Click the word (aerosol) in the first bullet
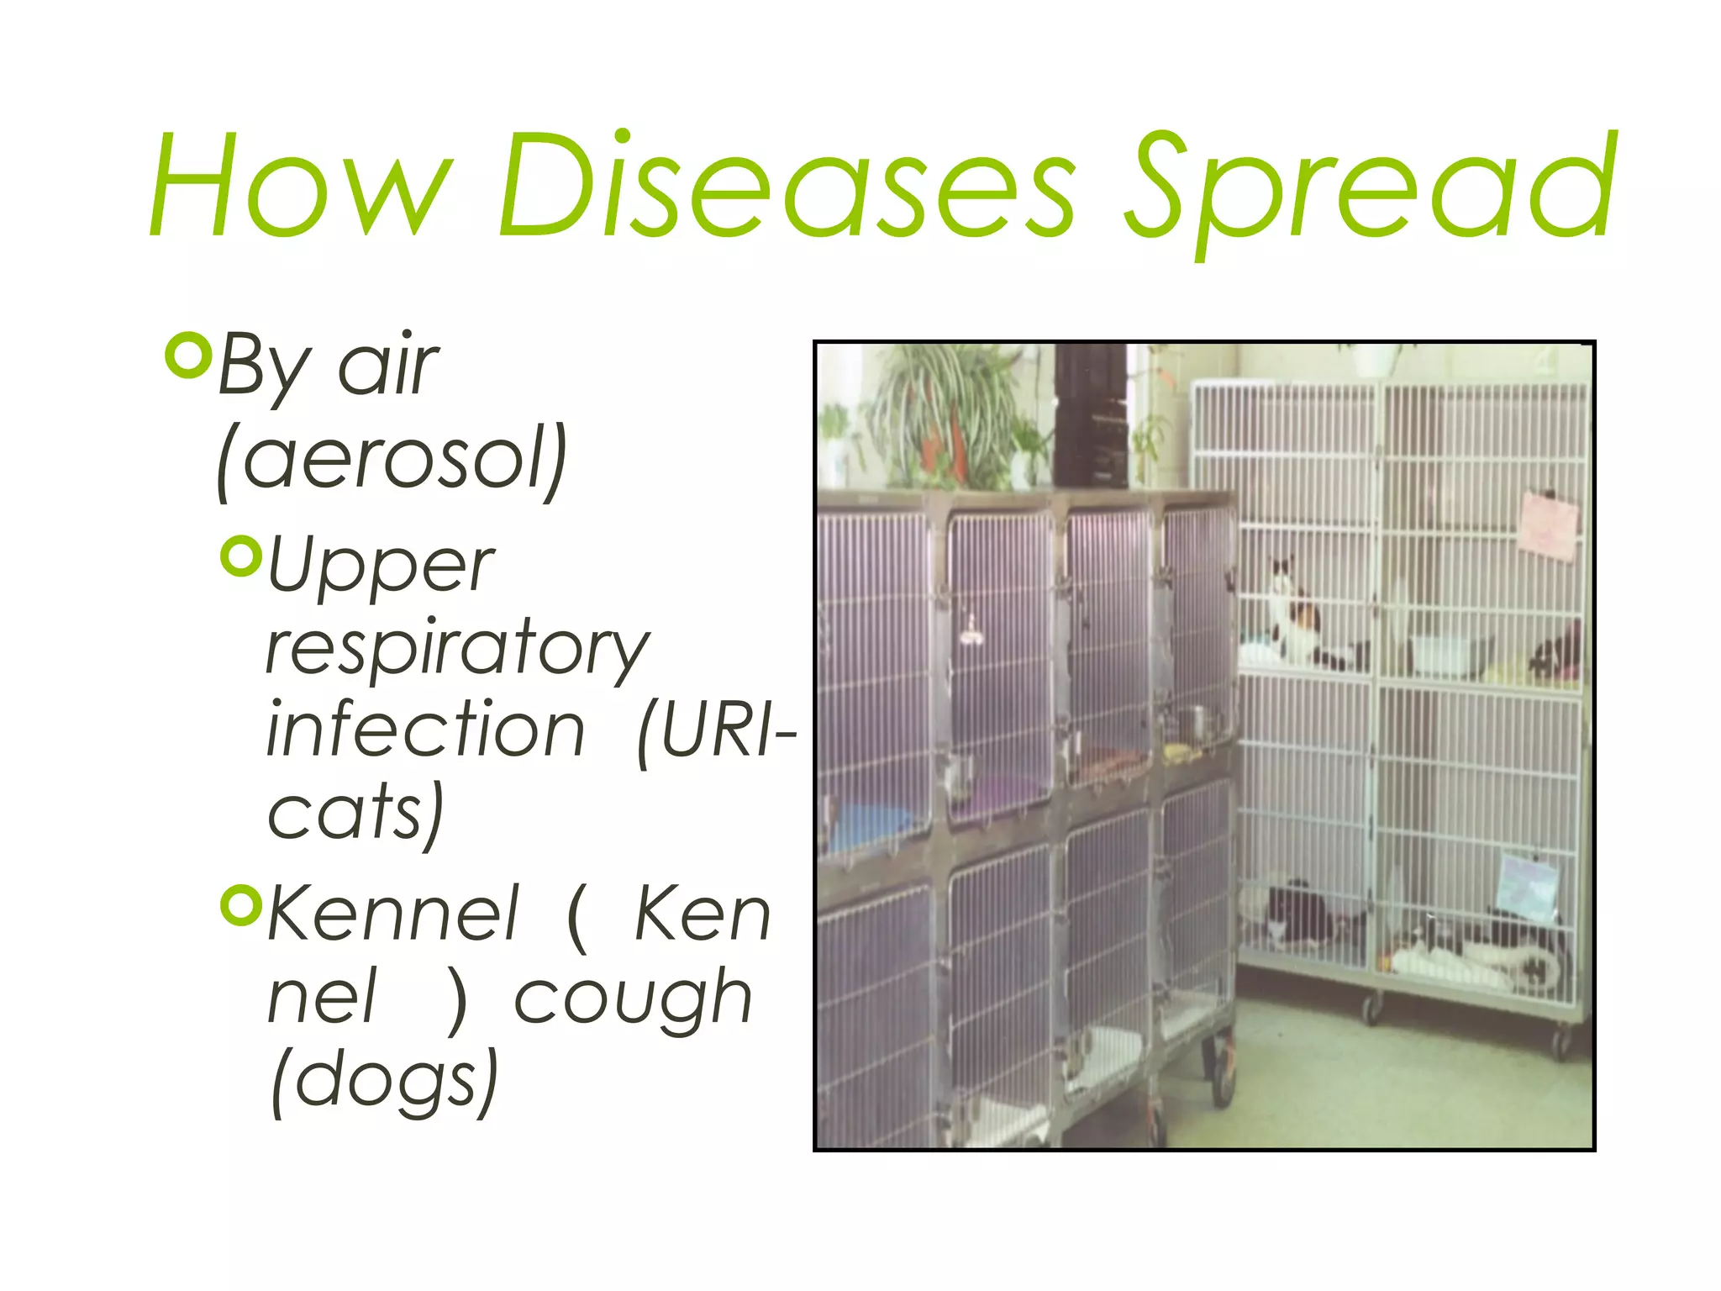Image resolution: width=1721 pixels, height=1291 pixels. click(392, 459)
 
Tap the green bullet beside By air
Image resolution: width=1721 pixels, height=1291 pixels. click(187, 356)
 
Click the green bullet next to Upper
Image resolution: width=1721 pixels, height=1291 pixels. click(241, 556)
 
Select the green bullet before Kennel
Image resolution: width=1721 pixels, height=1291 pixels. click(241, 904)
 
